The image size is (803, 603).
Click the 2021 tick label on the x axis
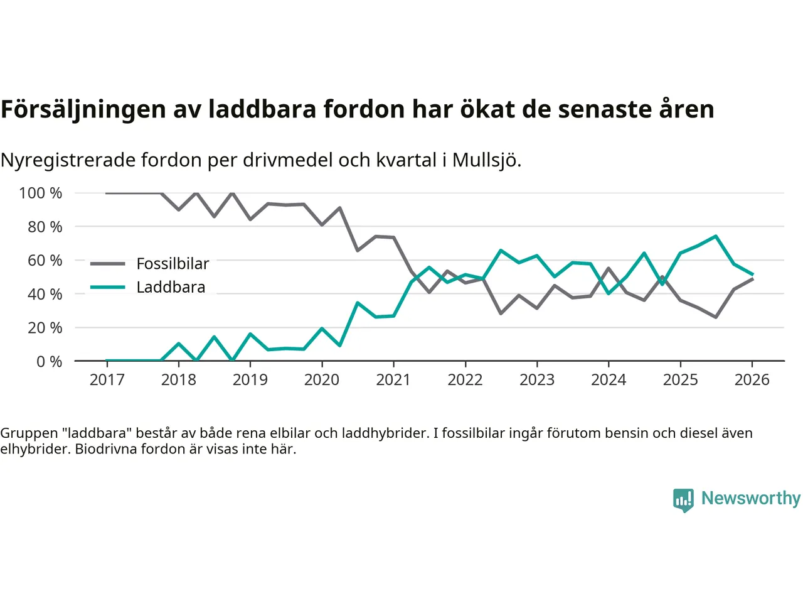393,379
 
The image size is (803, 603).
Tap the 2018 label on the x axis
179,379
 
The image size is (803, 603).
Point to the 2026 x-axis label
752,379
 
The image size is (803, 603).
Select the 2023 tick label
537,379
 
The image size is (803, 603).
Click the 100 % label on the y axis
41,193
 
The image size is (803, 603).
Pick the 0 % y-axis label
49,361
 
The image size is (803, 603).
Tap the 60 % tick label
45,260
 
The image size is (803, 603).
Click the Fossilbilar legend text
173,264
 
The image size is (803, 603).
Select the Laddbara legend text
171,287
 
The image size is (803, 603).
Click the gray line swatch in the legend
107,264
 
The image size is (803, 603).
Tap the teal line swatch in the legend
107,287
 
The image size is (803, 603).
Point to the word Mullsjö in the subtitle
486,160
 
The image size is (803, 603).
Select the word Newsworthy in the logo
750,498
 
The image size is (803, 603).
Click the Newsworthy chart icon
683,500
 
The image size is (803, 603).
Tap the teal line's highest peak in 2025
716,236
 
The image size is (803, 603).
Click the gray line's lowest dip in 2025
716,317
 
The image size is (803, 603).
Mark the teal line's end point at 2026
752,274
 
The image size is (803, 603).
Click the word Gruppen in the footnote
29,433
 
